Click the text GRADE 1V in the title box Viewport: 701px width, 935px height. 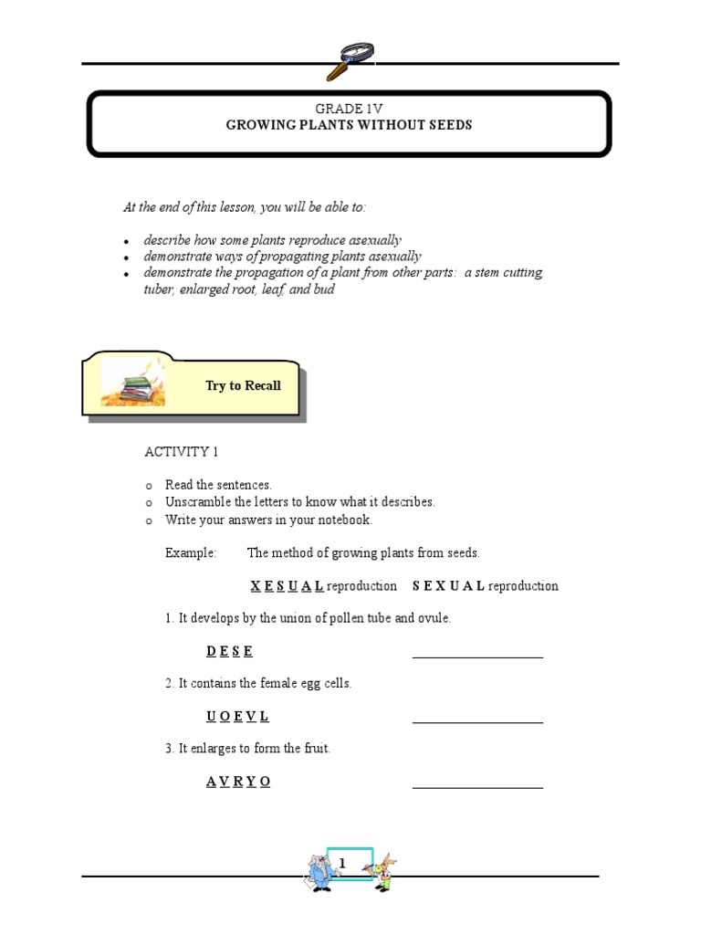click(350, 109)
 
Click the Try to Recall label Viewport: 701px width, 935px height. click(243, 385)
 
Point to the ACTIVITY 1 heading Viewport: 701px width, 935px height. click(182, 452)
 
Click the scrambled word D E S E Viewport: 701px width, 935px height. click(229, 651)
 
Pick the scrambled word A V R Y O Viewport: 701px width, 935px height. click(238, 782)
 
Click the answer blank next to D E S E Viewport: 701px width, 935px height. click(477, 655)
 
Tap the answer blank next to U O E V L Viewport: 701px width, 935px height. click(477, 720)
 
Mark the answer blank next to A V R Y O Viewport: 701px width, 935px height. click(477, 785)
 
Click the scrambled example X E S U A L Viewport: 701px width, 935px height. click(287, 586)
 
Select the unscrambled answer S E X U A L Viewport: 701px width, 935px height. click(448, 586)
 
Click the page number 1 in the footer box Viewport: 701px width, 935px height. click(343, 864)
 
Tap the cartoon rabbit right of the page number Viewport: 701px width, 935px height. click(383, 872)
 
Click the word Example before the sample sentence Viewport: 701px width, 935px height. click(191, 553)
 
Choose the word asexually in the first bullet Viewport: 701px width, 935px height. click(371, 240)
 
